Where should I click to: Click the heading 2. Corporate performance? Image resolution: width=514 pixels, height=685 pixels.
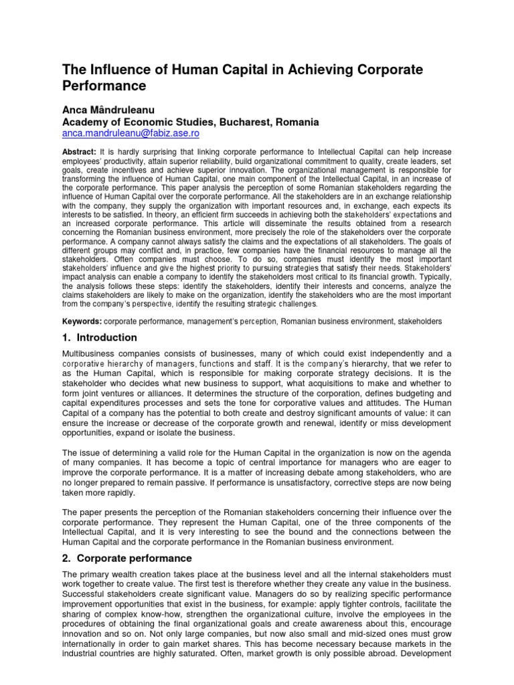pyautogui.click(x=126, y=558)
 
